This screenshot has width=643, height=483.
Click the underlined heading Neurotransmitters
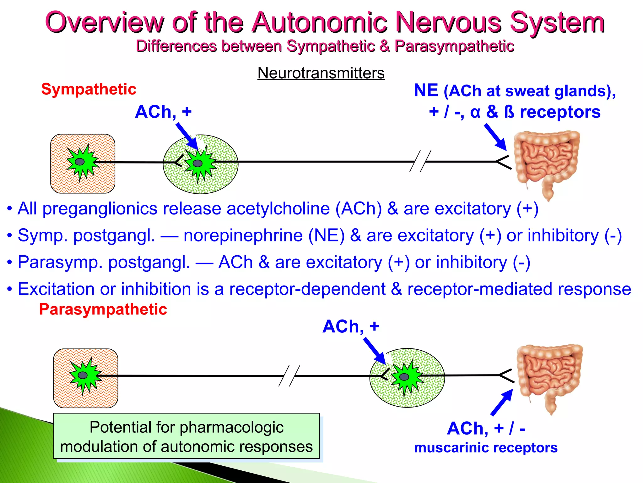(x=321, y=73)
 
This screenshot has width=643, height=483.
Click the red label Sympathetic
(x=89, y=89)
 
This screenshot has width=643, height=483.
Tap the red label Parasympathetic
(x=103, y=309)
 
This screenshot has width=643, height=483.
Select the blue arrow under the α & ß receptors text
(x=496, y=137)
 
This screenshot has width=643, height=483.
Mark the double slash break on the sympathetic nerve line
(x=420, y=161)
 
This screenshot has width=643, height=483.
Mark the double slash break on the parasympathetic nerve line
(x=289, y=375)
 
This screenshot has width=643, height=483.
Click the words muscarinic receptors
(x=486, y=448)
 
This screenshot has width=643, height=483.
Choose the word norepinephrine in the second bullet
(x=243, y=236)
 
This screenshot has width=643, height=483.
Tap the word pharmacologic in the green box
(x=231, y=427)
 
